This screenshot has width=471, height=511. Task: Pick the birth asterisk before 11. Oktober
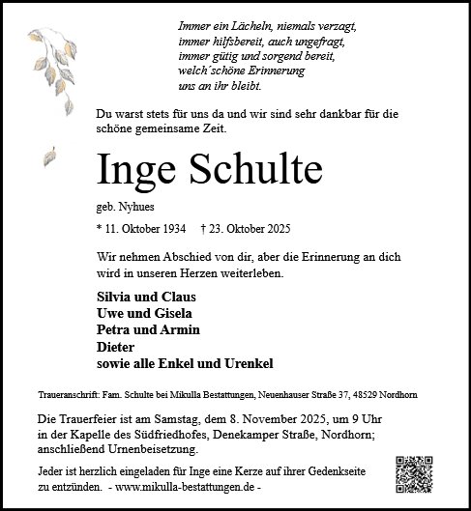tap(100, 231)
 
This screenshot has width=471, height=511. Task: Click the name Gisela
tap(177, 313)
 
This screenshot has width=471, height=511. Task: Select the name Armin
tap(181, 329)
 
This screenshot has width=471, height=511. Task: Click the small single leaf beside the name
tap(47, 156)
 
